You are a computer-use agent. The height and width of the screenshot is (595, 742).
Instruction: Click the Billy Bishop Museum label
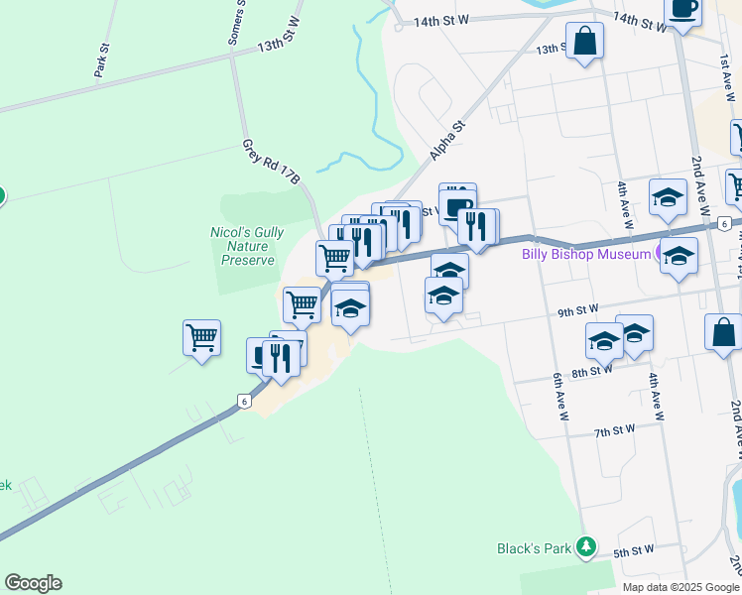pyautogui.click(x=584, y=253)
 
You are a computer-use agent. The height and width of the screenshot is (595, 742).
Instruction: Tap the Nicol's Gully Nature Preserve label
pyautogui.click(x=247, y=246)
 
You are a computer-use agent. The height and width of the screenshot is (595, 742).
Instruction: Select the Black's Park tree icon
pyautogui.click(x=587, y=546)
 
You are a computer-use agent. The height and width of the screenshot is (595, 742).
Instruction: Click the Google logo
pyautogui.click(x=33, y=583)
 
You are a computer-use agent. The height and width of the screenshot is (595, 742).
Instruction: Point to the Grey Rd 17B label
pyautogui.click(x=271, y=162)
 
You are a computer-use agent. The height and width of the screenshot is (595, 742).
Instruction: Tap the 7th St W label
pyautogui.click(x=614, y=431)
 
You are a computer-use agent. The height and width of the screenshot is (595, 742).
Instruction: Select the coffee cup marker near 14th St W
pyautogui.click(x=682, y=9)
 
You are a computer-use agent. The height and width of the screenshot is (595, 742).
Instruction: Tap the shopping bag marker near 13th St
pyautogui.click(x=584, y=42)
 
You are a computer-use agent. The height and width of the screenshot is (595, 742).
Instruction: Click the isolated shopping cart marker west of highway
pyautogui.click(x=201, y=337)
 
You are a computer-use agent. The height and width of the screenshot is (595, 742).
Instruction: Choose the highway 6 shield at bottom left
pyautogui.click(x=243, y=401)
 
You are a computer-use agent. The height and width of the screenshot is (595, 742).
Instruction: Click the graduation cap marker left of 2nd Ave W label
pyautogui.click(x=668, y=197)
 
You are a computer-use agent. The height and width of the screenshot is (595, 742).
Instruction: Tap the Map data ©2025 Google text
pyautogui.click(x=680, y=587)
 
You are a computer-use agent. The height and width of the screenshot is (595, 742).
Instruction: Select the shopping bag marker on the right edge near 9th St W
pyautogui.click(x=724, y=332)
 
